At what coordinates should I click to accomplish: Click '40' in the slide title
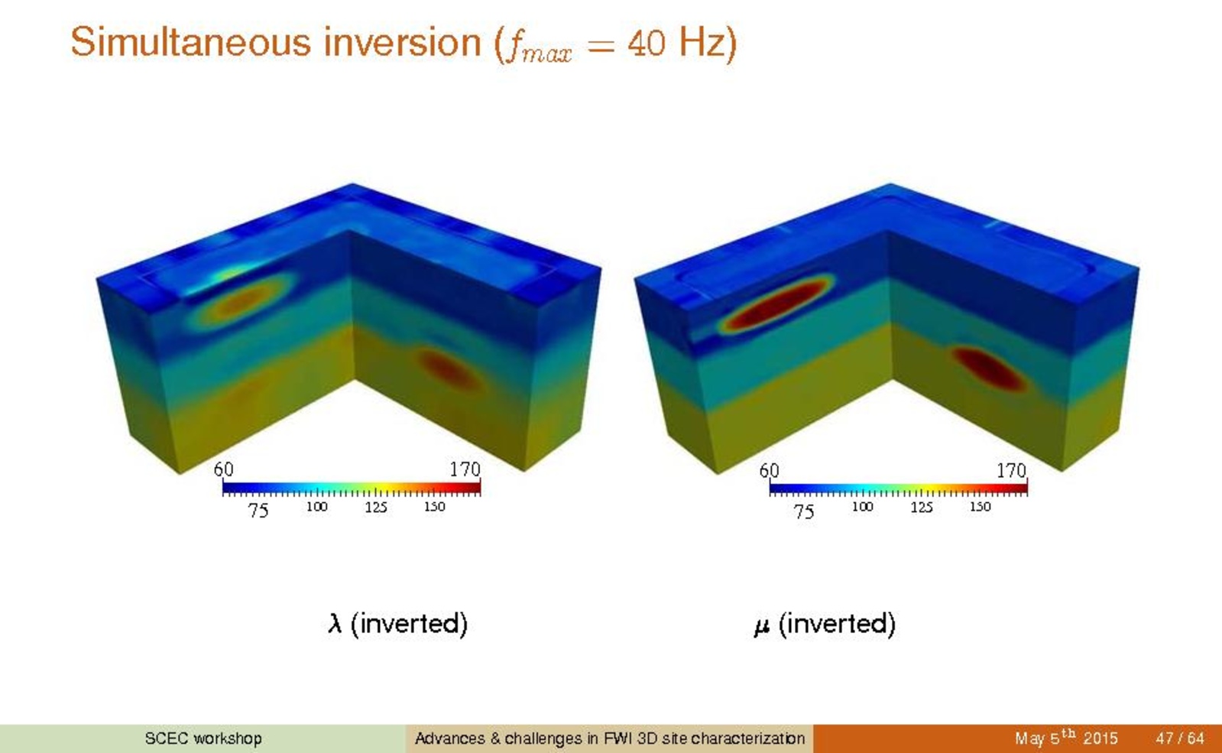click(x=646, y=43)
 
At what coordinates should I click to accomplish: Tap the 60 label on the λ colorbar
click(x=223, y=469)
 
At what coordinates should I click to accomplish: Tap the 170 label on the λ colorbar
click(x=464, y=469)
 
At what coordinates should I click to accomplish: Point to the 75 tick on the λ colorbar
click(x=258, y=510)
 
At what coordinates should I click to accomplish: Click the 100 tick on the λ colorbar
click(x=316, y=507)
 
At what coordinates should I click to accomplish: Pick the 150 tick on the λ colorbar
click(x=434, y=507)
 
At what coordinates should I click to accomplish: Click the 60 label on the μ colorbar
click(x=769, y=470)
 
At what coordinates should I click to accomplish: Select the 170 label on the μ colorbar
click(x=1011, y=470)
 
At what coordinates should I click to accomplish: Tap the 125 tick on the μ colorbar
click(x=922, y=507)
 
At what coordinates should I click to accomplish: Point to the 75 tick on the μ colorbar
click(x=803, y=511)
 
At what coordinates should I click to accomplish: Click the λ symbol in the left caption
click(x=335, y=623)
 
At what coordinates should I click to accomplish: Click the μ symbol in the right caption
click(x=762, y=626)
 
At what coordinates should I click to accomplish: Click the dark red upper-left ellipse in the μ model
click(x=776, y=304)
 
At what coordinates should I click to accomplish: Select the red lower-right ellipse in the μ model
click(x=988, y=369)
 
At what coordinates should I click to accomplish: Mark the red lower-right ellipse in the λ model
click(x=449, y=371)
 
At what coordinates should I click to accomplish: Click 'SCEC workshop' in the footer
click(x=203, y=738)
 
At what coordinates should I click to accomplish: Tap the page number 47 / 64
click(x=1179, y=738)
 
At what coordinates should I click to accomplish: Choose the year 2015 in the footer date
click(x=1100, y=738)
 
